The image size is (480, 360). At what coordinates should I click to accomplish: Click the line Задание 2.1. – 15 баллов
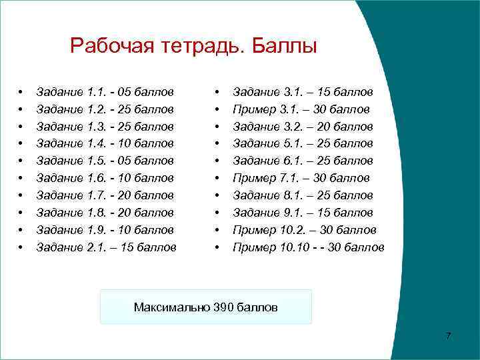[107, 247]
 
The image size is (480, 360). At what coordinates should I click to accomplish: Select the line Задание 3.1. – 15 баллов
[303, 91]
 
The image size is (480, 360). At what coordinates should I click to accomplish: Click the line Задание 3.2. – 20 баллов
[303, 126]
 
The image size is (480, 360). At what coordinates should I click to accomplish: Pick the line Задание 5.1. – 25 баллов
[303, 143]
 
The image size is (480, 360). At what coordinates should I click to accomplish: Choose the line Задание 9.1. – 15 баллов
[303, 213]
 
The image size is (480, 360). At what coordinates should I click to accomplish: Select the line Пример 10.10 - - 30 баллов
[308, 247]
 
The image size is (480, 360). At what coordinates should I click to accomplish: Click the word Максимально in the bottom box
[171, 307]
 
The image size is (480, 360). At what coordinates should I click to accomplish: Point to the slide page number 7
[449, 335]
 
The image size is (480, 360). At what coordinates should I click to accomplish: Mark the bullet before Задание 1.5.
[21, 161]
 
